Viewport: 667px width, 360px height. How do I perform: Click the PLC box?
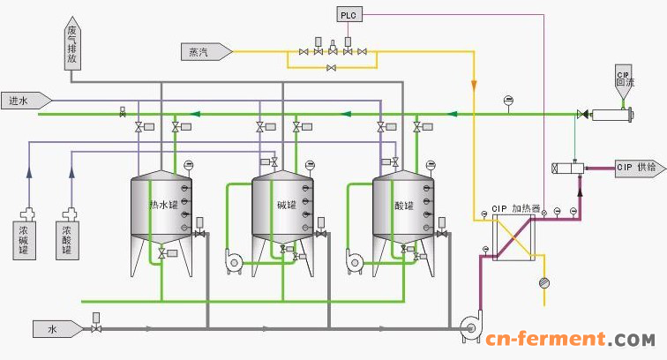347,13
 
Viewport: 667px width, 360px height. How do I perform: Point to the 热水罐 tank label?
161,206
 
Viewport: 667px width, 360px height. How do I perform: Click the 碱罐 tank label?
286,206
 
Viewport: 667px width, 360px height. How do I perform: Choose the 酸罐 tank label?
405,206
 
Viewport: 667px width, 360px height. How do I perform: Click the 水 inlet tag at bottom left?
56,330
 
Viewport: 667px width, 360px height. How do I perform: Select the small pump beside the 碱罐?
234,260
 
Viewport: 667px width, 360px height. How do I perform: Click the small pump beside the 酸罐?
355,260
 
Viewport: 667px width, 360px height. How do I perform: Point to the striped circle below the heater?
543,282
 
